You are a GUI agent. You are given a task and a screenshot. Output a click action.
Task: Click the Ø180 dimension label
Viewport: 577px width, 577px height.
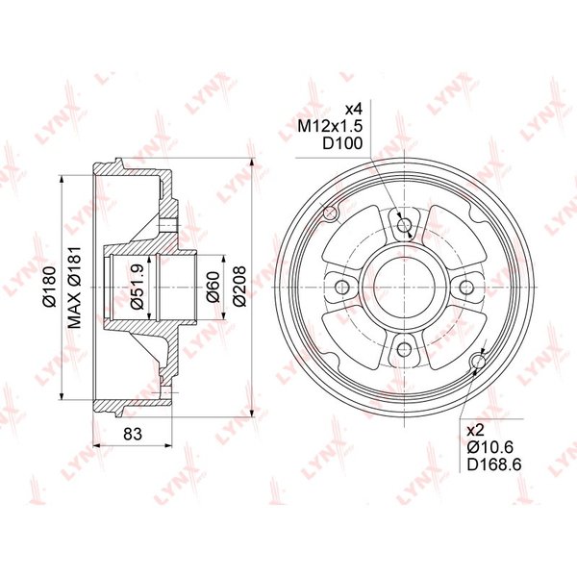[x=49, y=287]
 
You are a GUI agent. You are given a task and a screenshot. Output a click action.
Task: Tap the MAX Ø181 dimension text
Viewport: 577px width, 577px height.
[x=75, y=288]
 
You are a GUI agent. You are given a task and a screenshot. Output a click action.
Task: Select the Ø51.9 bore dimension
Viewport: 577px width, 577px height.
[x=137, y=287]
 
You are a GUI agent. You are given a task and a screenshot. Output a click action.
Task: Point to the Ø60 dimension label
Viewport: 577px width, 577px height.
[x=213, y=287]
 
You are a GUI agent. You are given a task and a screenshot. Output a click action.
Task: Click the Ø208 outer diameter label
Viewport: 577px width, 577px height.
[x=239, y=287]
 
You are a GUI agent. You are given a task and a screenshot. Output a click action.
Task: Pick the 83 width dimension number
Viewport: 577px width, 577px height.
[x=133, y=434]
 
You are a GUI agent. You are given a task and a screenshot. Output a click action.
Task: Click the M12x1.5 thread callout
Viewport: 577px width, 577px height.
[x=330, y=126]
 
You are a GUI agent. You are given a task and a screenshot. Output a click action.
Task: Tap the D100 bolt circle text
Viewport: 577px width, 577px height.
[x=342, y=143]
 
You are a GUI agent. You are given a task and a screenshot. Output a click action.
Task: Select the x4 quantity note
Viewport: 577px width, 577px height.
[x=353, y=109]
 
